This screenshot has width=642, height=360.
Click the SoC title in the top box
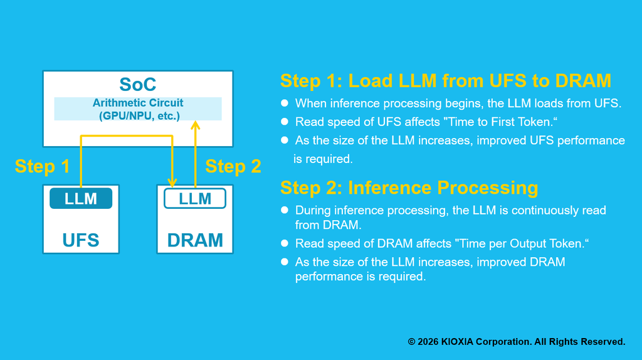[x=137, y=84]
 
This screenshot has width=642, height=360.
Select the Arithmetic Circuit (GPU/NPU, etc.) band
[x=138, y=109]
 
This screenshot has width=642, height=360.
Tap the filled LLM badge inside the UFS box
[x=81, y=199]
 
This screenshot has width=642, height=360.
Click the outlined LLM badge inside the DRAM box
[x=195, y=199]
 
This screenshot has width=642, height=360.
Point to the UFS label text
[x=81, y=240]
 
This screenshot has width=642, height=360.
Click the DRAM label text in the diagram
[x=195, y=240]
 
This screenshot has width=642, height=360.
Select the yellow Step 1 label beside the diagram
[x=42, y=166]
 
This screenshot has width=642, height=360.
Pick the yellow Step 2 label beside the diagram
[x=233, y=166]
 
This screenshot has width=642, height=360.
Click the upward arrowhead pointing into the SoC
[x=195, y=125]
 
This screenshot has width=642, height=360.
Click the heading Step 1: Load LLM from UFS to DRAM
[x=445, y=81]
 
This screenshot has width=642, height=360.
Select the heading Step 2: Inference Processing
[x=409, y=188]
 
